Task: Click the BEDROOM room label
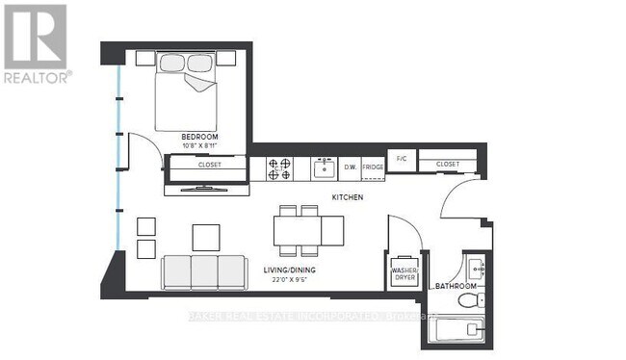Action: [x=199, y=138]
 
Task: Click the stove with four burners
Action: [x=281, y=168]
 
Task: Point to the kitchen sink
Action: [x=323, y=168]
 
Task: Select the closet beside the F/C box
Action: [x=448, y=165]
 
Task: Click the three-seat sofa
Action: [x=203, y=271]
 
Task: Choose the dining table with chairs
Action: [x=307, y=229]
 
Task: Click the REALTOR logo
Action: [x=36, y=43]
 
